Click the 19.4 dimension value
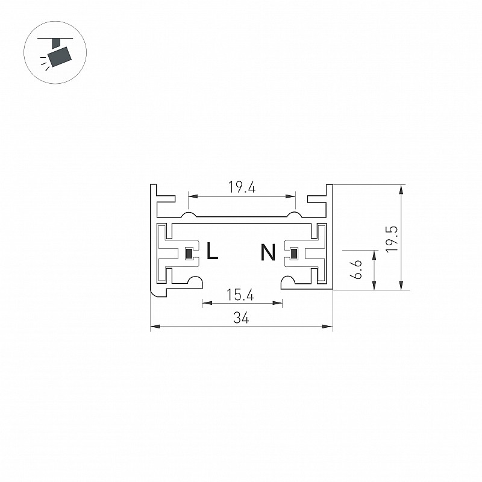pos(242,187)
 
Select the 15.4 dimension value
pos(240,295)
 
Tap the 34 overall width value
pos(241,318)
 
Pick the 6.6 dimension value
pos(357,269)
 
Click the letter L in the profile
pos(212,251)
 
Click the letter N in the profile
pos(268,252)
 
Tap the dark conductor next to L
pos(189,254)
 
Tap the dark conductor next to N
pos(294,254)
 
